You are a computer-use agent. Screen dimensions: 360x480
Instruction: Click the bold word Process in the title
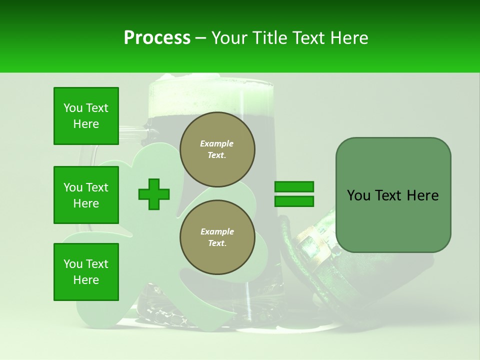point(157,38)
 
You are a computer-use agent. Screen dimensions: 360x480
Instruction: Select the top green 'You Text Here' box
point(86,116)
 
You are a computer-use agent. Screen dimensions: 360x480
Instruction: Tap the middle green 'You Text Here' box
point(86,195)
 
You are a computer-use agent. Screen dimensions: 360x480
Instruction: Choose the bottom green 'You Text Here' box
point(86,272)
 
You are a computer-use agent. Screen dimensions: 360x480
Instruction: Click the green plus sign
point(154,194)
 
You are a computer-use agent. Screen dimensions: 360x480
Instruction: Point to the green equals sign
point(294,194)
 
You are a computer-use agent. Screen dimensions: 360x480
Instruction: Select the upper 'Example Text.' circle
point(217,149)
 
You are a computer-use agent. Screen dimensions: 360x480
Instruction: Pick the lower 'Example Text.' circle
point(217,237)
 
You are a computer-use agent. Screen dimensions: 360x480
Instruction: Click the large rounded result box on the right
point(393,195)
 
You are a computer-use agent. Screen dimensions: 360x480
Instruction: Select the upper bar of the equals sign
point(294,187)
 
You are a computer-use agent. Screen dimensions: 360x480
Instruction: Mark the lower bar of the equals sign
point(294,201)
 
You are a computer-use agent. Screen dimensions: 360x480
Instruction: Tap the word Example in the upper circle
point(217,143)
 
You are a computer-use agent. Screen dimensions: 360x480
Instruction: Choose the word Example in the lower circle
point(217,231)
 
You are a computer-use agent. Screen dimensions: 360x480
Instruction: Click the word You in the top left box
point(73,108)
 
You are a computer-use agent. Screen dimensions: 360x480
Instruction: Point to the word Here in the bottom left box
point(86,280)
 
